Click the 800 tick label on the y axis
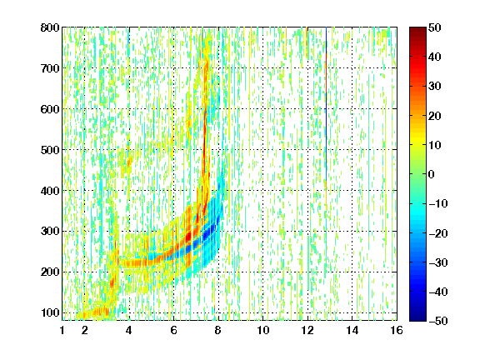tap(50, 27)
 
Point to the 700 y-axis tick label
tap(50, 68)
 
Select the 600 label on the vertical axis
tap(50, 109)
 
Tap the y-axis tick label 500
tap(50, 150)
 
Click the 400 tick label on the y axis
tap(50, 191)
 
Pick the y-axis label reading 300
tap(50, 232)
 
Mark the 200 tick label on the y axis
tap(50, 272)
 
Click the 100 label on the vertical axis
tap(50, 312)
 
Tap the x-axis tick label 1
tap(62, 330)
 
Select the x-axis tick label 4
tap(129, 330)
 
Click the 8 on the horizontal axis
tap(218, 330)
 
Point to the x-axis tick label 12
tap(307, 330)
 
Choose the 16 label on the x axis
tap(397, 330)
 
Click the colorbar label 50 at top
tap(435, 27)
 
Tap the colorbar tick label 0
tap(432, 174)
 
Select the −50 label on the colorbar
tap(438, 321)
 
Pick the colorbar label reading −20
tap(438, 233)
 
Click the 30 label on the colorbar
tap(435, 87)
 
